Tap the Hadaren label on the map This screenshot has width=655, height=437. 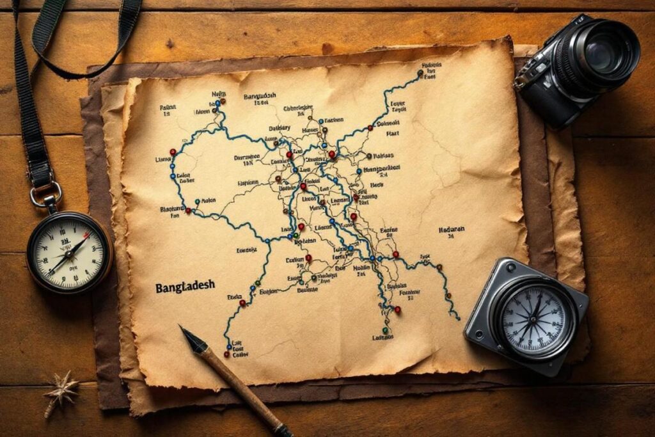coord(452,230)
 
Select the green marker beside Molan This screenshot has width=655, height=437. coord(197,200)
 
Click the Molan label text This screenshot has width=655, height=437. coord(209,200)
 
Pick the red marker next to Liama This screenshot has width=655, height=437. coord(172,152)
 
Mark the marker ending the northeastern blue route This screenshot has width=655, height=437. coord(420,74)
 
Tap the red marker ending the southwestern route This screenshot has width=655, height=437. coord(226,353)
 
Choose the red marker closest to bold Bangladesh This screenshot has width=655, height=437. coord(242,303)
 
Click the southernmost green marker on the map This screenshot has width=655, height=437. coord(385,331)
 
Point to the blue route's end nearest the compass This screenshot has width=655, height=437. coord(458,317)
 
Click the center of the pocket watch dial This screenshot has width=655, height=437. coord(69,252)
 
